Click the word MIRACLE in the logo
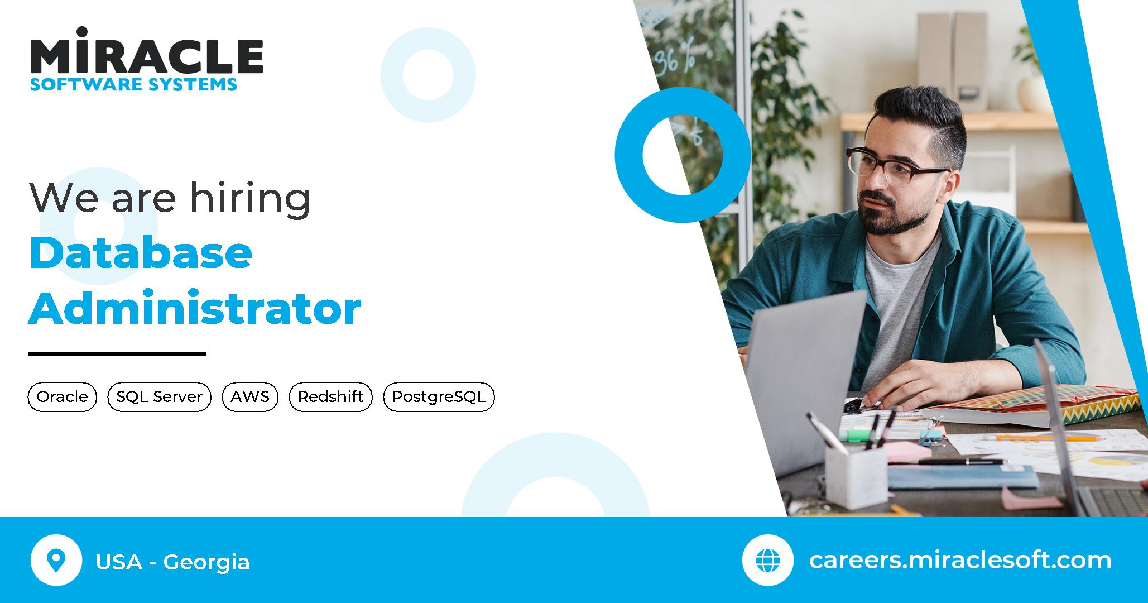click(x=146, y=55)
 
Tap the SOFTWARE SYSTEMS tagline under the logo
click(x=133, y=85)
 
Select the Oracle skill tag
click(x=62, y=397)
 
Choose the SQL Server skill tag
click(x=159, y=397)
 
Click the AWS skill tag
click(x=250, y=397)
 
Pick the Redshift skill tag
click(x=330, y=397)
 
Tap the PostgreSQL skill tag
click(x=439, y=397)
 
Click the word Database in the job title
click(x=141, y=253)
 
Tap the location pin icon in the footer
click(x=56, y=560)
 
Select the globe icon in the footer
click(x=767, y=560)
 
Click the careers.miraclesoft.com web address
click(x=960, y=560)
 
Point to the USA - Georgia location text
click(x=172, y=562)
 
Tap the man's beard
click(x=893, y=221)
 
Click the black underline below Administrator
click(x=117, y=353)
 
